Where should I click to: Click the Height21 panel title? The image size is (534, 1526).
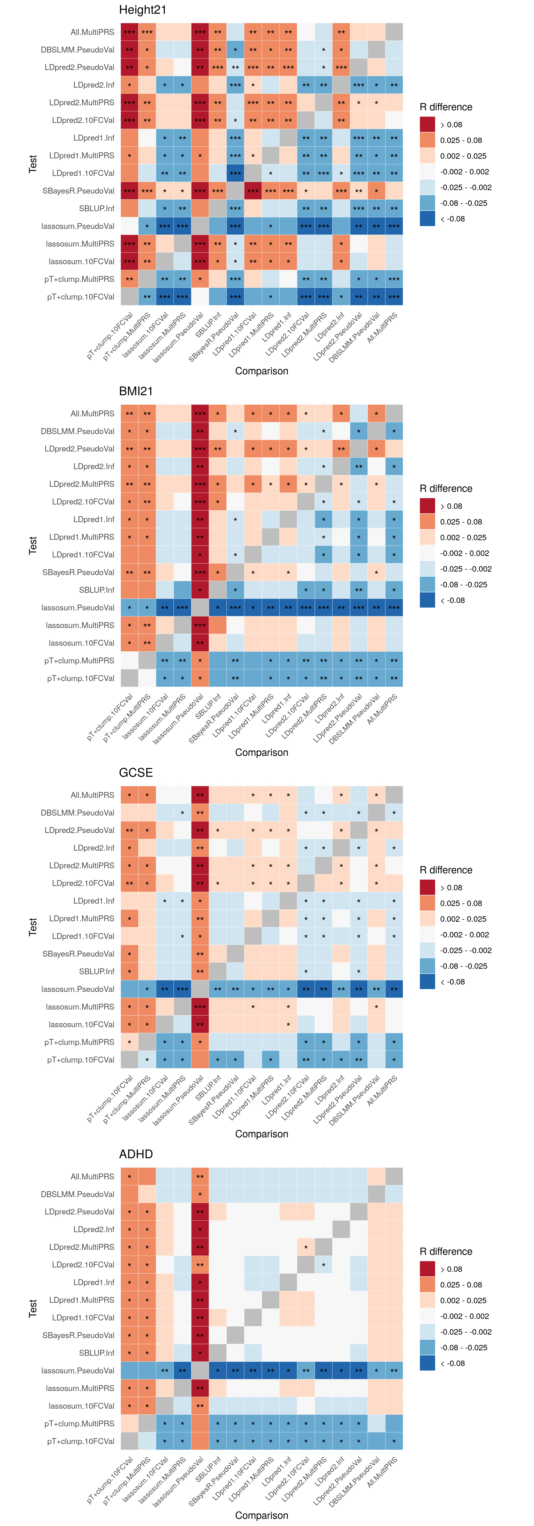click(x=143, y=10)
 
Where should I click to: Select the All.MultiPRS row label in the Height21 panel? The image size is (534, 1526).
click(x=92, y=32)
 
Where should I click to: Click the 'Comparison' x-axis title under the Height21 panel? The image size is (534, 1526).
click(x=262, y=371)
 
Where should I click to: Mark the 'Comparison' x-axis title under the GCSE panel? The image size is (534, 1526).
click(x=262, y=1134)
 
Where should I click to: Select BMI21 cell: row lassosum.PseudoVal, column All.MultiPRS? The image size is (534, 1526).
click(x=394, y=608)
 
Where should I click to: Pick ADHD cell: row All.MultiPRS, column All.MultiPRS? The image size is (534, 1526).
click(x=394, y=1177)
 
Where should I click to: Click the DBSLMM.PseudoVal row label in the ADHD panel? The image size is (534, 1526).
click(x=78, y=1194)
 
